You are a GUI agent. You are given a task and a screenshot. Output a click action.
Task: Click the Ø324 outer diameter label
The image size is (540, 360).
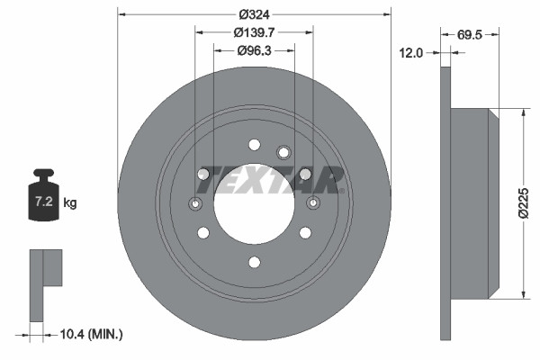255,14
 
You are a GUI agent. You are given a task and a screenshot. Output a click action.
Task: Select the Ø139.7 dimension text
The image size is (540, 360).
255,31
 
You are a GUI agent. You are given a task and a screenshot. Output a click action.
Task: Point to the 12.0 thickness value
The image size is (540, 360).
410,53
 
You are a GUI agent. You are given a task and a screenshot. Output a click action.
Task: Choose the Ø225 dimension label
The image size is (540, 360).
533,202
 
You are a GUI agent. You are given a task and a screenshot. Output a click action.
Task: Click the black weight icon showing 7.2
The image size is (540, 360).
43,192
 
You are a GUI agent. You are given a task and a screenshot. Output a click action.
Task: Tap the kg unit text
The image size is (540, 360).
70,203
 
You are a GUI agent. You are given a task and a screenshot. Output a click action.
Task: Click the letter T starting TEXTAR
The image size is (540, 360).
204,180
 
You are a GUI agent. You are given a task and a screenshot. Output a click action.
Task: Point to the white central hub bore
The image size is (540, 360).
254,211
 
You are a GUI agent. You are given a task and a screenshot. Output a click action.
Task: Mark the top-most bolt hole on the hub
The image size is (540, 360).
254,144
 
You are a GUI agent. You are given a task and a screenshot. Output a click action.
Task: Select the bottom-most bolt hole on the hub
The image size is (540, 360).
254,262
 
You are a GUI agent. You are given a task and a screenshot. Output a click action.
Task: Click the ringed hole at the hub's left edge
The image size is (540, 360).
195,203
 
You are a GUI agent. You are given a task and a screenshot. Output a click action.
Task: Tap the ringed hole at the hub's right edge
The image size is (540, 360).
313,203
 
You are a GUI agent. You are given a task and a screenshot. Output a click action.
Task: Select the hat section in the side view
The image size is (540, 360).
472,202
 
